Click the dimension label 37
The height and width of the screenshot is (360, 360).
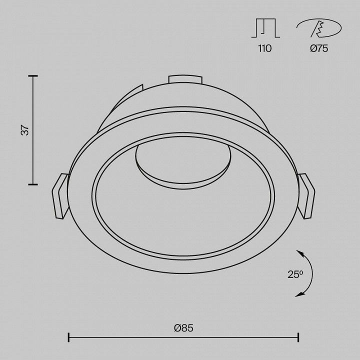click(25, 130)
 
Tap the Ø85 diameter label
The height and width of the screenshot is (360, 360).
click(183, 328)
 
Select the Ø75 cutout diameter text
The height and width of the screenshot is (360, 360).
click(319, 48)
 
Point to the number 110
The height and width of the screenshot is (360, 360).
click(265, 48)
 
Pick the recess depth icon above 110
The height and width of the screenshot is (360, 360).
click(265, 28)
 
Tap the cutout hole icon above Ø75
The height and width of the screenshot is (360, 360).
click(319, 28)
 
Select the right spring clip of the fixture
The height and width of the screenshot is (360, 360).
click(306, 196)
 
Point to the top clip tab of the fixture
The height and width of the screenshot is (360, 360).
click(185, 79)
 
